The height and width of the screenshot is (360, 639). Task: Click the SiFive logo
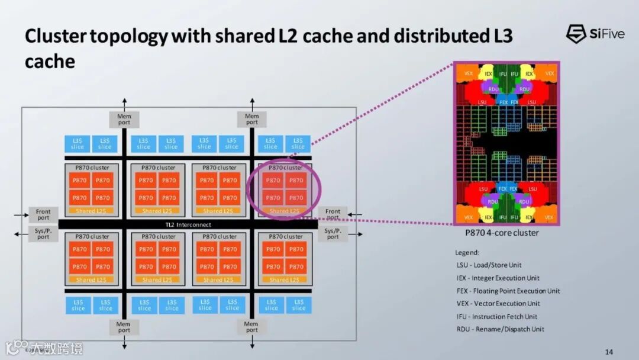595,34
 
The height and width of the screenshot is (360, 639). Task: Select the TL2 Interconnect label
188,225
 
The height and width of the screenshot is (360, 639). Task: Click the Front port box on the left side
43,214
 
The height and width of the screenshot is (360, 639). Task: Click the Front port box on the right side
333,214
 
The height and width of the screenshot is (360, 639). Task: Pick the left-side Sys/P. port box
43,233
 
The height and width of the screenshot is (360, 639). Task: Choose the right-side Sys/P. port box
333,233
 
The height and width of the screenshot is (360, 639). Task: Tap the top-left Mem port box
124,120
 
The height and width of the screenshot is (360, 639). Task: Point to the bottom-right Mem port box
251,327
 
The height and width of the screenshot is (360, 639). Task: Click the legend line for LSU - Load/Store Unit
489,265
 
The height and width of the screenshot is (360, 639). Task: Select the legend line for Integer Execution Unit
498,278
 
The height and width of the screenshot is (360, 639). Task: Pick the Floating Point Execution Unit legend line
508,291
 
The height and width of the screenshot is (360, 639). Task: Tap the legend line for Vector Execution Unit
498,304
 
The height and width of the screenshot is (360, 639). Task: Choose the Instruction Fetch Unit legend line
496,317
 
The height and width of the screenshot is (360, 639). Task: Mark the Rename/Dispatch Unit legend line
500,329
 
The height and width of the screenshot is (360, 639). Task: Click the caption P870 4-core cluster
502,233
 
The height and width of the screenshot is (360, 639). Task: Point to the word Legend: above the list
467,253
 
